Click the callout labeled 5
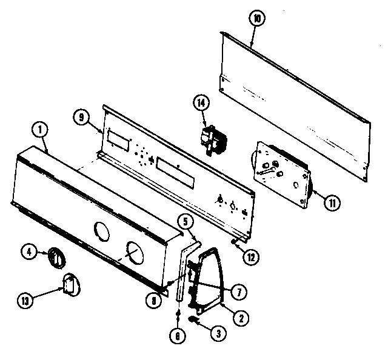(x=187, y=222)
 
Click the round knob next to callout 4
(x=58, y=258)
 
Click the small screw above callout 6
(x=178, y=314)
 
